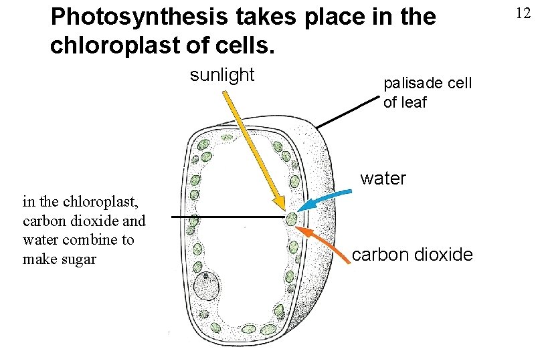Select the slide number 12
pos(522,11)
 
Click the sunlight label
pos(222,75)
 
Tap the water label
pos(383,178)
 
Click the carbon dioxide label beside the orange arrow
pos(412,255)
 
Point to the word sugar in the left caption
pos(78,259)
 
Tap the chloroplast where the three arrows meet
pos(291,218)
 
